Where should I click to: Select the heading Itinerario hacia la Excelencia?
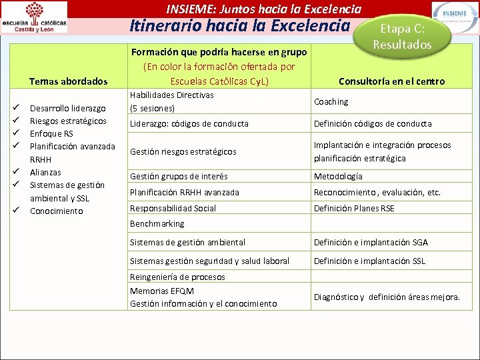click(239, 26)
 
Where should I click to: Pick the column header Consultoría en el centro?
click(391, 81)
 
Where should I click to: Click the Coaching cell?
click(331, 102)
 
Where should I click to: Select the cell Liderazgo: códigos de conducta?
click(189, 123)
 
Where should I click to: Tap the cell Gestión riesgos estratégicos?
click(183, 151)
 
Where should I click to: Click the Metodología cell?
click(339, 176)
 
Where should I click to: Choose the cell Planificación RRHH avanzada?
click(185, 192)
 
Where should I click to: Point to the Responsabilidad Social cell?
click(173, 208)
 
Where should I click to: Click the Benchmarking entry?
click(157, 223)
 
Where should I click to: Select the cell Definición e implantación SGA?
click(371, 242)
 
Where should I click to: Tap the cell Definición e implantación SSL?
click(370, 261)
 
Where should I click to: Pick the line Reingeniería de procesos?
click(177, 277)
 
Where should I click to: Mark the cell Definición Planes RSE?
click(355, 208)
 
